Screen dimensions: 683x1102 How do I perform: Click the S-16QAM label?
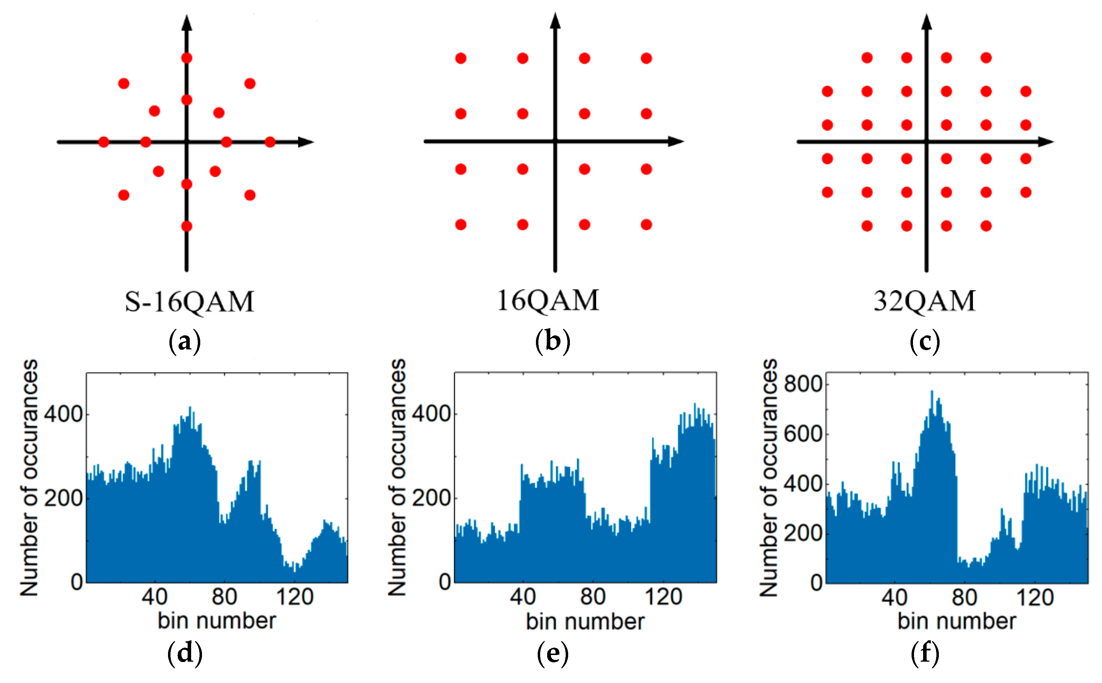click(189, 302)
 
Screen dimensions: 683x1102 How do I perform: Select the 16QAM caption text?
click(548, 300)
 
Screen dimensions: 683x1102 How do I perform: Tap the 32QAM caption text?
click(925, 301)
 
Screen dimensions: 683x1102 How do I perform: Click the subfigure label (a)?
click(184, 342)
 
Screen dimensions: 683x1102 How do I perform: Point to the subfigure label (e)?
click(552, 654)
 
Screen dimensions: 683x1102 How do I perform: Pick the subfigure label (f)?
click(925, 654)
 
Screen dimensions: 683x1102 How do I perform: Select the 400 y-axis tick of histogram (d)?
click(63, 414)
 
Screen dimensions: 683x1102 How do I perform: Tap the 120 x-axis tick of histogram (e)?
click(663, 597)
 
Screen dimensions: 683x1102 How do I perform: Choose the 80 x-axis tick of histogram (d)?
click(224, 597)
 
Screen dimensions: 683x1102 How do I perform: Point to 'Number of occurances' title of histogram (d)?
click(29, 478)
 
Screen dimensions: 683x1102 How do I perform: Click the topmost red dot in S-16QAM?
click(187, 58)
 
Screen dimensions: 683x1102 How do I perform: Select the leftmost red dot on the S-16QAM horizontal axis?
click(103, 142)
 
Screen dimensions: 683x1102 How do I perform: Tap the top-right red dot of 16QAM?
click(646, 58)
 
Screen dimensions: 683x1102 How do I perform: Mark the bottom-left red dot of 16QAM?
click(461, 224)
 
